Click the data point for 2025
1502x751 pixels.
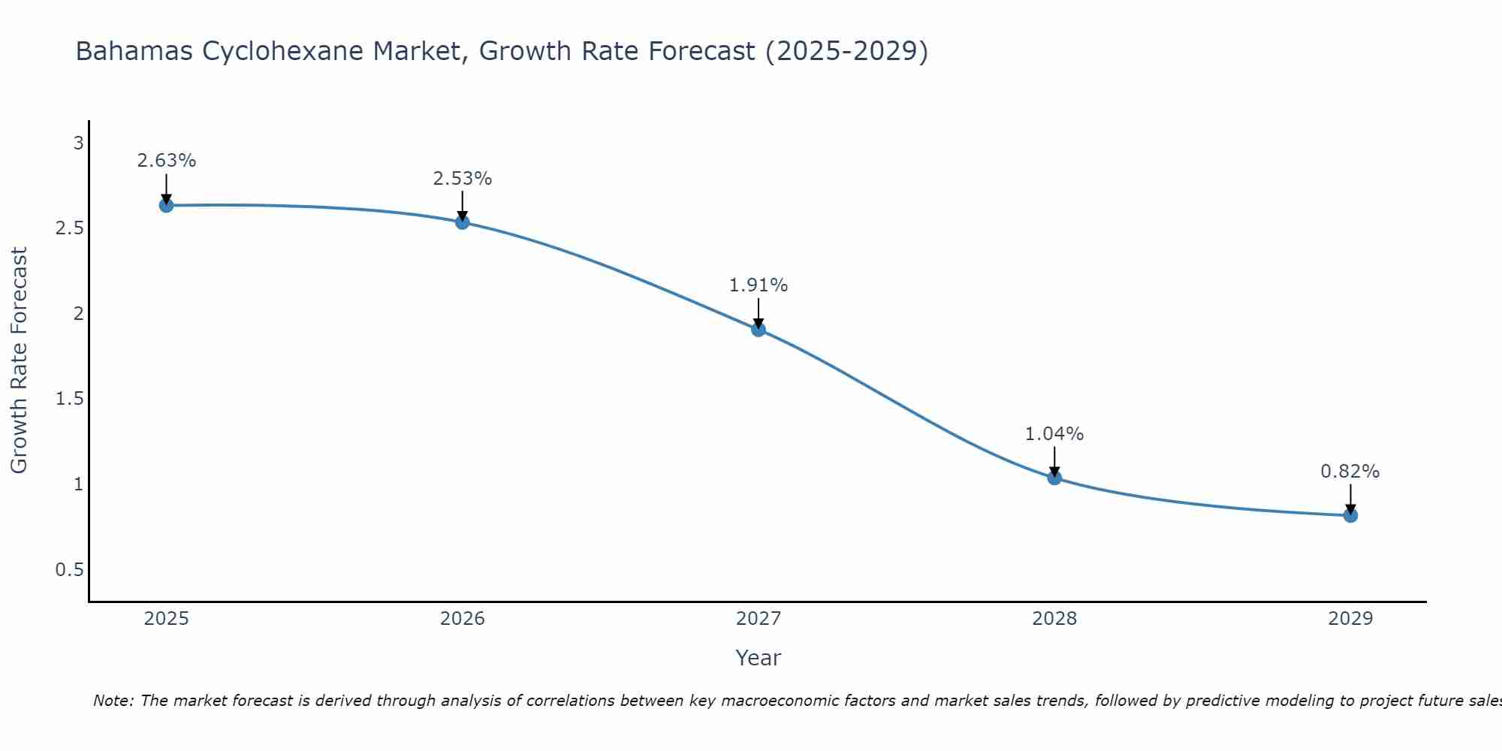(x=166, y=205)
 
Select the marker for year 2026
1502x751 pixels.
(x=462, y=222)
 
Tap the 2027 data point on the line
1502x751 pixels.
(x=759, y=329)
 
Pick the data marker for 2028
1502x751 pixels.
(x=1054, y=478)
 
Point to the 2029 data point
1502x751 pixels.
(x=1350, y=515)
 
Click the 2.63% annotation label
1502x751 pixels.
(x=167, y=161)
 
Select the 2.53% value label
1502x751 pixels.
(x=463, y=179)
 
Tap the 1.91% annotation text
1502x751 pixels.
(x=759, y=285)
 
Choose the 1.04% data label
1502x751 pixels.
(x=1054, y=434)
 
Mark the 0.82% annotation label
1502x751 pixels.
(x=1350, y=472)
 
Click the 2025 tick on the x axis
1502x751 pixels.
(x=166, y=619)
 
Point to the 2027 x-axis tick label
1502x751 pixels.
(x=759, y=619)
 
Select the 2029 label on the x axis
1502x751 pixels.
(x=1350, y=619)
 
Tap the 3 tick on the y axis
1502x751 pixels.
(x=78, y=143)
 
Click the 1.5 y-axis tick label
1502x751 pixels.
(x=69, y=399)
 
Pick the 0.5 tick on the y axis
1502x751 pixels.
(x=69, y=570)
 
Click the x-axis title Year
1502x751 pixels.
(x=759, y=658)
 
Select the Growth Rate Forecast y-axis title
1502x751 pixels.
(x=20, y=360)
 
